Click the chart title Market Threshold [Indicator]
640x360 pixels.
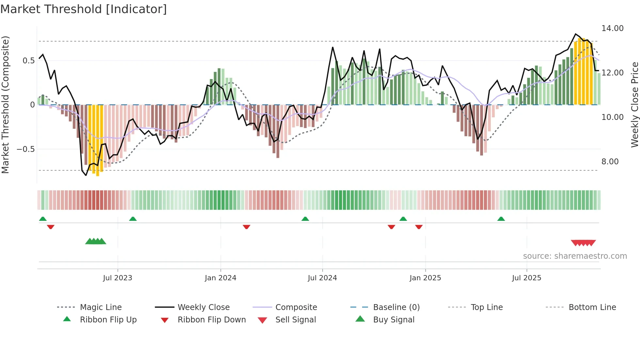[x=84, y=9]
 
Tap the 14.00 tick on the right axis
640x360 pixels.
[x=612, y=28]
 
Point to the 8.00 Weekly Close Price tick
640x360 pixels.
[x=610, y=162]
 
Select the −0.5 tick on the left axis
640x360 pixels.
[x=25, y=149]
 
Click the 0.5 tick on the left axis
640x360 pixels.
[x=28, y=61]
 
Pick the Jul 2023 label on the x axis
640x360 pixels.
[x=118, y=278]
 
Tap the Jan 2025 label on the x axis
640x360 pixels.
[x=425, y=278]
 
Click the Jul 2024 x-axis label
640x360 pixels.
[x=322, y=278]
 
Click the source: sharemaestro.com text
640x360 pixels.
[x=575, y=256]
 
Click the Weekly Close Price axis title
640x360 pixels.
[x=634, y=105]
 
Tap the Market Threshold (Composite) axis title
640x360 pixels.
[x=5, y=105]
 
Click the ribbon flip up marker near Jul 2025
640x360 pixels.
[x=501, y=219]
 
